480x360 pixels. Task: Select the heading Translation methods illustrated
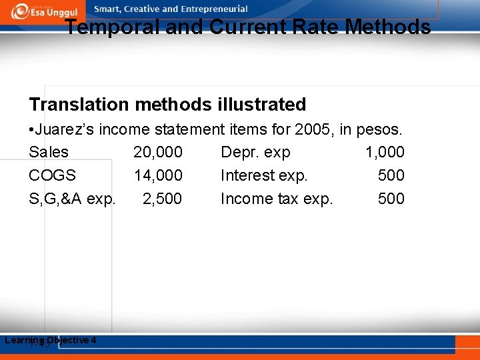167,105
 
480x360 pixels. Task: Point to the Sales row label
49,152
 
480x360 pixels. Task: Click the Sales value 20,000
158,152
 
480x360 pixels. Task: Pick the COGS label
53,175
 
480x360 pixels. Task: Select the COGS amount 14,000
158,175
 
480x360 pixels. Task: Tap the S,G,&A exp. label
73,199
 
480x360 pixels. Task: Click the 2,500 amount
162,199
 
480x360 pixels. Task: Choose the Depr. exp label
255,152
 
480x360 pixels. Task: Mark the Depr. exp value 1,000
385,152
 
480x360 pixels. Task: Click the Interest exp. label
264,175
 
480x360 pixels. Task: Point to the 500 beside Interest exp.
391,175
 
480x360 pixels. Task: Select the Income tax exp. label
276,199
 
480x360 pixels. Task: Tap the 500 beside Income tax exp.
391,199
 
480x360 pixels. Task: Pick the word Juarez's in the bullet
69,129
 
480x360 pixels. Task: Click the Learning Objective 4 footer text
51,340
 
